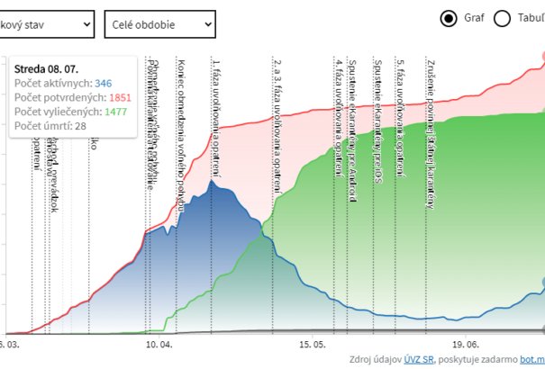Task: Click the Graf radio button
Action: tap(449, 18)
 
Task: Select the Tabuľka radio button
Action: tap(503, 18)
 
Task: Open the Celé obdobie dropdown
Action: tap(159, 22)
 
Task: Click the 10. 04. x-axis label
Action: tap(160, 344)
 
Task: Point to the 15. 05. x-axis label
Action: tap(313, 344)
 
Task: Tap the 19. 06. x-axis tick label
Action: tap(467, 344)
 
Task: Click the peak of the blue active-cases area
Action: tap(213, 183)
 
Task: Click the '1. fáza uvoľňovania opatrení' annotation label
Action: tap(216, 117)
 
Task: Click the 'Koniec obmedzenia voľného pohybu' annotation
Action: tap(183, 135)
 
